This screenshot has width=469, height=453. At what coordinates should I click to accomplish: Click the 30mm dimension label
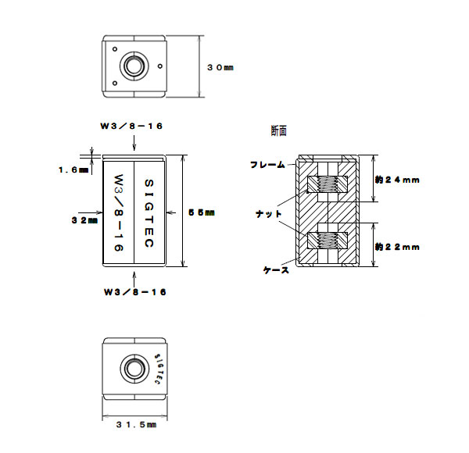click(x=220, y=68)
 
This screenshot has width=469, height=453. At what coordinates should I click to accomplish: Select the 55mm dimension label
click(x=201, y=212)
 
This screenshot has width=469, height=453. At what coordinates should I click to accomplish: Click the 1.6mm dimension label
click(x=73, y=169)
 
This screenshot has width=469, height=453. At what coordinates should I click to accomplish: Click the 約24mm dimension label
click(x=397, y=180)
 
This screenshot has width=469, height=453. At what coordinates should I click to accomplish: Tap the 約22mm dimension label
click(x=397, y=247)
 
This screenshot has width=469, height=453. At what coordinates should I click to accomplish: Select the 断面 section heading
click(x=279, y=130)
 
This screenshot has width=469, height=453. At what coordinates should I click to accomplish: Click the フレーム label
click(x=267, y=165)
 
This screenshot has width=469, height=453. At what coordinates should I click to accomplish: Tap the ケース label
click(x=276, y=270)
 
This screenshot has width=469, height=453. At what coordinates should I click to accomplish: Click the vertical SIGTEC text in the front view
click(x=149, y=212)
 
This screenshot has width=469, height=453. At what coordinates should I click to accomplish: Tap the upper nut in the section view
click(x=328, y=184)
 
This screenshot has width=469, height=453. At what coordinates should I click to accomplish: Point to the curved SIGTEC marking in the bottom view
click(x=159, y=367)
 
